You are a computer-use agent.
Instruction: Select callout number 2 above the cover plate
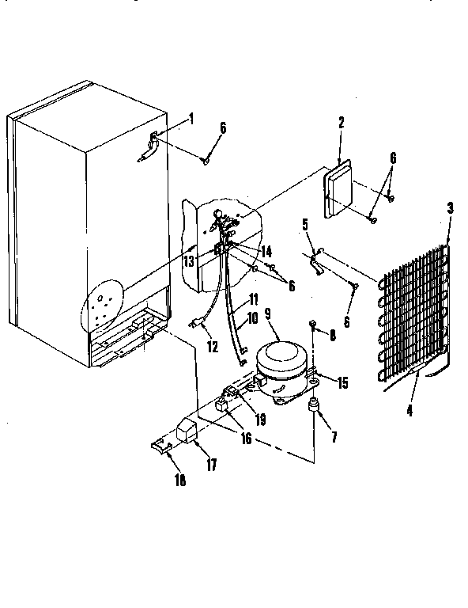pos(341,123)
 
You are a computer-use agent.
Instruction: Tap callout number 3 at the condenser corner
pos(450,208)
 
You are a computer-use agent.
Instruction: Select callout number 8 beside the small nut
pos(332,336)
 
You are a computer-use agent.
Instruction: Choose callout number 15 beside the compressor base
pos(342,383)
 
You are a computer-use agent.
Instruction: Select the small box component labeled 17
pos(187,431)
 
